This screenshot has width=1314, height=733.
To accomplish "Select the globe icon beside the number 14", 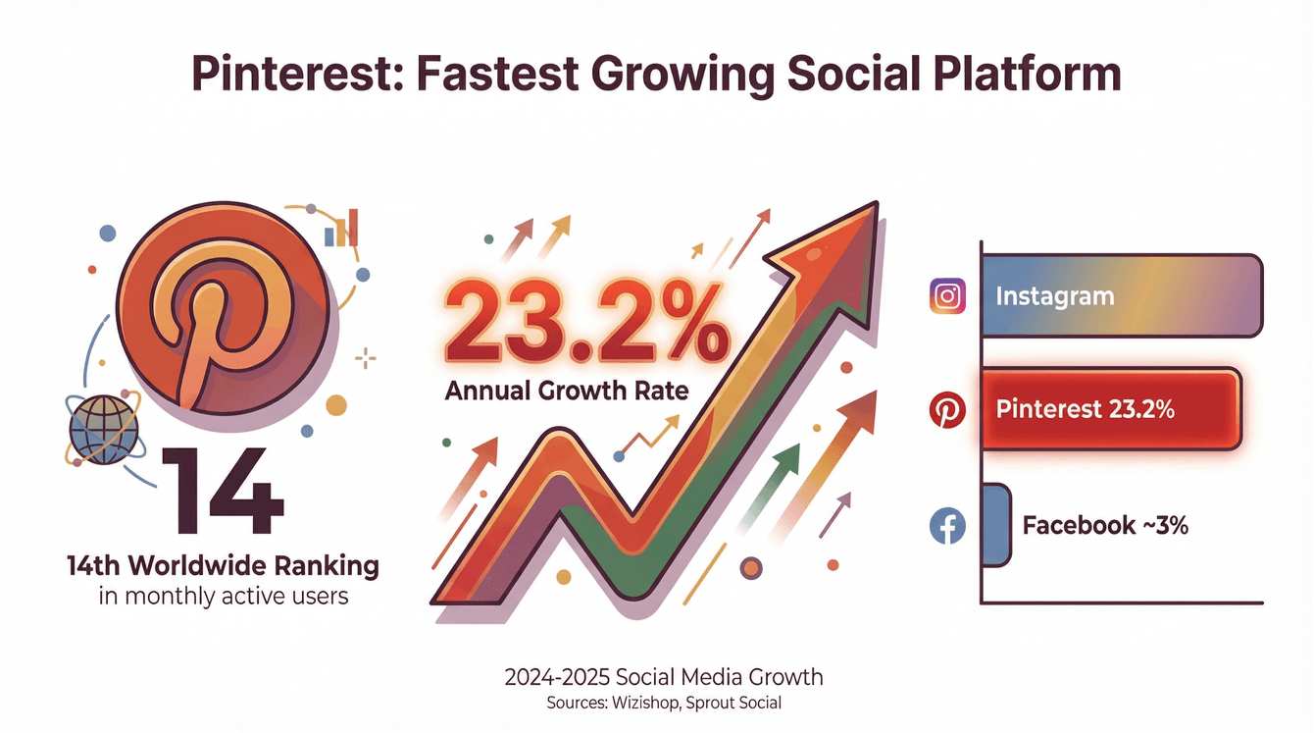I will tap(104, 431).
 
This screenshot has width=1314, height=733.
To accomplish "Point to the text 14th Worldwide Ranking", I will tap(223, 566).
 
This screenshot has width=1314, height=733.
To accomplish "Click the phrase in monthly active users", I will tap(224, 595).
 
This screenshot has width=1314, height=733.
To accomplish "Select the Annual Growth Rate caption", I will tap(567, 391).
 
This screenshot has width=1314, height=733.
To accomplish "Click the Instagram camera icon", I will tap(947, 295).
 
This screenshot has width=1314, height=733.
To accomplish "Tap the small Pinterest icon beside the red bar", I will tap(947, 411).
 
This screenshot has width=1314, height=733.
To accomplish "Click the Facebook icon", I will tap(947, 526).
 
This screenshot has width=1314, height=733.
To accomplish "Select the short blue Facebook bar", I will tap(995, 525).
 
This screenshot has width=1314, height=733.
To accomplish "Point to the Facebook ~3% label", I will tap(1105, 525).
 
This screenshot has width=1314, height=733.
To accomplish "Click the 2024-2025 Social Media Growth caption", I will tap(664, 677).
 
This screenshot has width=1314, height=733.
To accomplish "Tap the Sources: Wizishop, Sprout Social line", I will tap(664, 704).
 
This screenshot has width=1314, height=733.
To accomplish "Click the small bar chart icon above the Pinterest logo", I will tap(342, 228).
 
